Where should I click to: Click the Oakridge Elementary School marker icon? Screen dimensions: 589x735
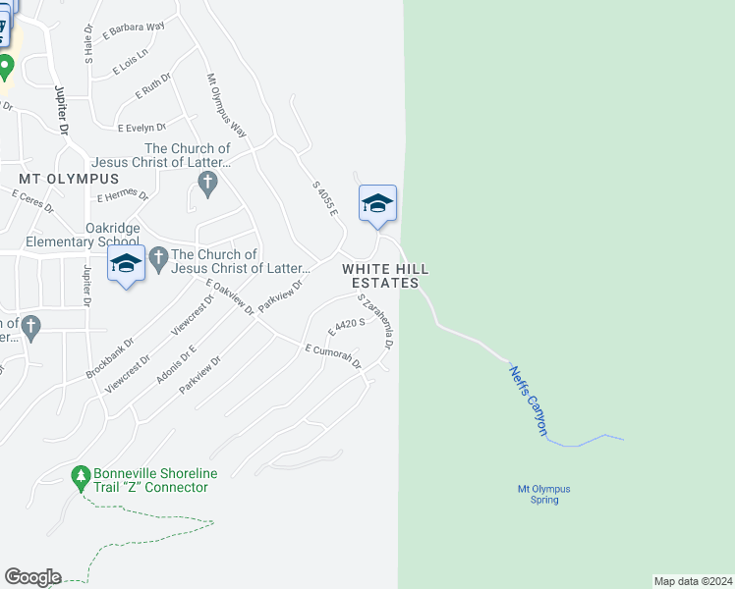[x=126, y=263]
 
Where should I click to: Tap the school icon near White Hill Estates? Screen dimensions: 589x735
[x=377, y=204]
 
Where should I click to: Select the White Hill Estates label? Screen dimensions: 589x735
[x=385, y=275]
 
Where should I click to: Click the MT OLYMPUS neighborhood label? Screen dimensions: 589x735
[x=69, y=179]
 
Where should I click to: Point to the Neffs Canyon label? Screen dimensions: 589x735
[x=528, y=400]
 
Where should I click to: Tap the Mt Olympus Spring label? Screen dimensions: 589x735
[x=544, y=494]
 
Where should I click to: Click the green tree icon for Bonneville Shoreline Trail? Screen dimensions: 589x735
[x=81, y=477]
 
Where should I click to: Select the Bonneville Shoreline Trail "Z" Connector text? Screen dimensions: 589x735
[x=151, y=480]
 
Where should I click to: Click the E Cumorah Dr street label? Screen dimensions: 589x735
[x=333, y=357]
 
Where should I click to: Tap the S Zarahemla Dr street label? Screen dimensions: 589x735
[x=376, y=321]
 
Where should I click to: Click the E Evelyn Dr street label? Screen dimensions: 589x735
[x=143, y=128]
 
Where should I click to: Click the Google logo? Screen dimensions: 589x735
[x=31, y=577]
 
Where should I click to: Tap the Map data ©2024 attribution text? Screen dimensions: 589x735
[x=693, y=581]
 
